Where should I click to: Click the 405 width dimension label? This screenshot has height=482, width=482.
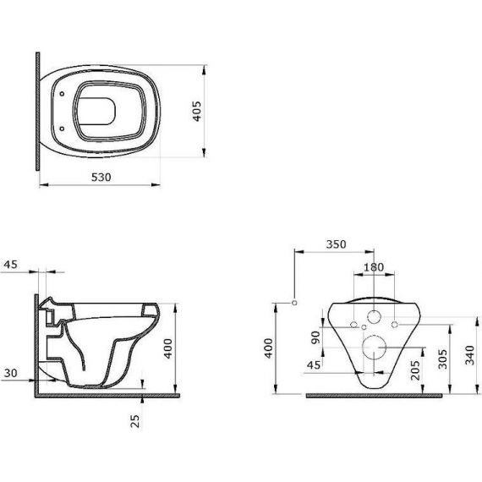197,112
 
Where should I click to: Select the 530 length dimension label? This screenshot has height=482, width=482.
101,178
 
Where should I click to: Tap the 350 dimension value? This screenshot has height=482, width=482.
336,244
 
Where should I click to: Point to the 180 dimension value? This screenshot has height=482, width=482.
374,267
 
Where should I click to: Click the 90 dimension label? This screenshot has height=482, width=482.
315,337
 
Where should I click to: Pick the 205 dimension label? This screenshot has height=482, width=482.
415,370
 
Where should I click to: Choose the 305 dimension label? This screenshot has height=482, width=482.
442,359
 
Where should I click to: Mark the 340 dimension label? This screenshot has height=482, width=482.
469,355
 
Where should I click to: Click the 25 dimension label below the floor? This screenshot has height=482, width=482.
134,421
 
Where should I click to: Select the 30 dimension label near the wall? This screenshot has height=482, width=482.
11,373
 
